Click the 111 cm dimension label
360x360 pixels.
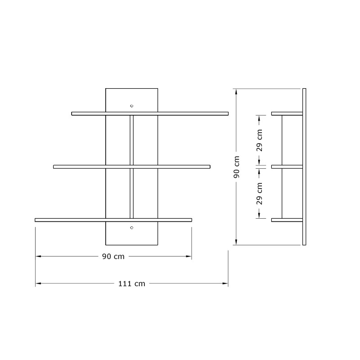tap(131, 283)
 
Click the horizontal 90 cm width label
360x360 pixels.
tap(113, 256)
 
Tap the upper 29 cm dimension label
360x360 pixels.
tap(260, 140)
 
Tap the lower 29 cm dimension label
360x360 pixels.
tap(260, 193)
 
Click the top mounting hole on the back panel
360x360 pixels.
tap(131, 106)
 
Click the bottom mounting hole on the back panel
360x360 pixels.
tap(131, 228)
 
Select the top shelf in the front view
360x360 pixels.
tap(150, 113)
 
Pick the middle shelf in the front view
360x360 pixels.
tap(131, 167)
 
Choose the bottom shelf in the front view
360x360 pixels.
tap(113, 220)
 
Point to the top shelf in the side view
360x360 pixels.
tap(287, 113)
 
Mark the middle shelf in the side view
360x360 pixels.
tap(287, 167)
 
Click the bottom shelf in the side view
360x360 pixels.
tap(287, 220)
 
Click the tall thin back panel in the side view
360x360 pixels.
tap(305, 167)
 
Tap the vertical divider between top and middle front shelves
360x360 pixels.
tap(131, 140)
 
